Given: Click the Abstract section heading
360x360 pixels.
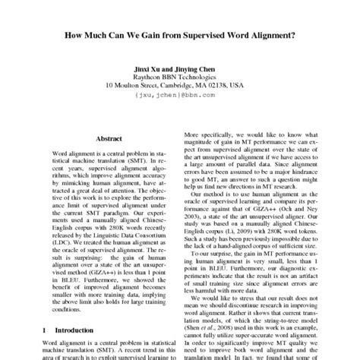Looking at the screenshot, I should [x=109, y=139].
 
